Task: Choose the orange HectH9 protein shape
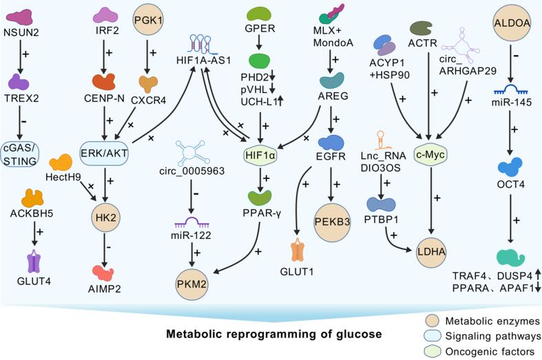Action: coord(62,163)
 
